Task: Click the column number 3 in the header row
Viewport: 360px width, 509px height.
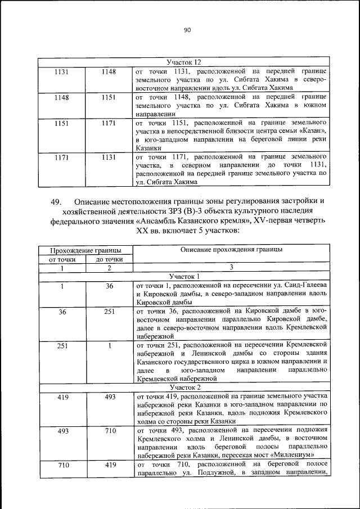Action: pos(231,268)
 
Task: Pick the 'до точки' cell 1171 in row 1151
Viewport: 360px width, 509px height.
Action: pos(109,122)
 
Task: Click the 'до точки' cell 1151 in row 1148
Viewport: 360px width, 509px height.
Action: pos(109,97)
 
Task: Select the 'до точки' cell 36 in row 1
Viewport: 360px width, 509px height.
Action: pos(109,286)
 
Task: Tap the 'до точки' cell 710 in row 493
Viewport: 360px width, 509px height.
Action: pos(109,431)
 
